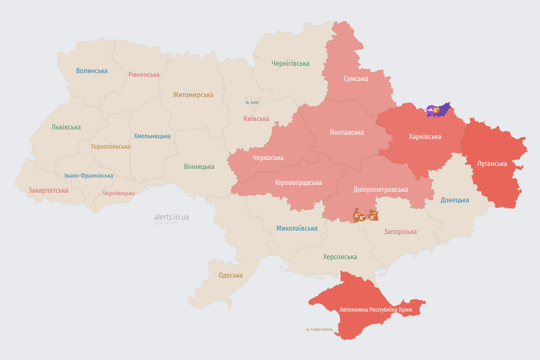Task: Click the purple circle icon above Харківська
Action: [430, 110]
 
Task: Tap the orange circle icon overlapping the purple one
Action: [436, 110]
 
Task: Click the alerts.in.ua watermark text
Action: [172, 217]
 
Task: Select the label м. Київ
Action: [252, 102]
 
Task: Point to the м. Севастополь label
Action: [319, 329]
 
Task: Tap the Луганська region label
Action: [492, 164]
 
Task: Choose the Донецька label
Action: [455, 200]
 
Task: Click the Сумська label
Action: [356, 79]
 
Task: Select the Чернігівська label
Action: [290, 63]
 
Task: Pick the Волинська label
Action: [92, 71]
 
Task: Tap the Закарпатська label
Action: [48, 190]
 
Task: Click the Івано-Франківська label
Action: [89, 176]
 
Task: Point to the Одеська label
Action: [231, 275]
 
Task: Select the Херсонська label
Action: [340, 257]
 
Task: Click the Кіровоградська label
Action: [299, 182]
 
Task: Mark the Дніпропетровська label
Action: [380, 189]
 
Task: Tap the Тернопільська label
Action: [111, 146]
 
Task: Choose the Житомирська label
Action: [193, 95]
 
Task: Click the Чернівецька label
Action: [119, 193]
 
